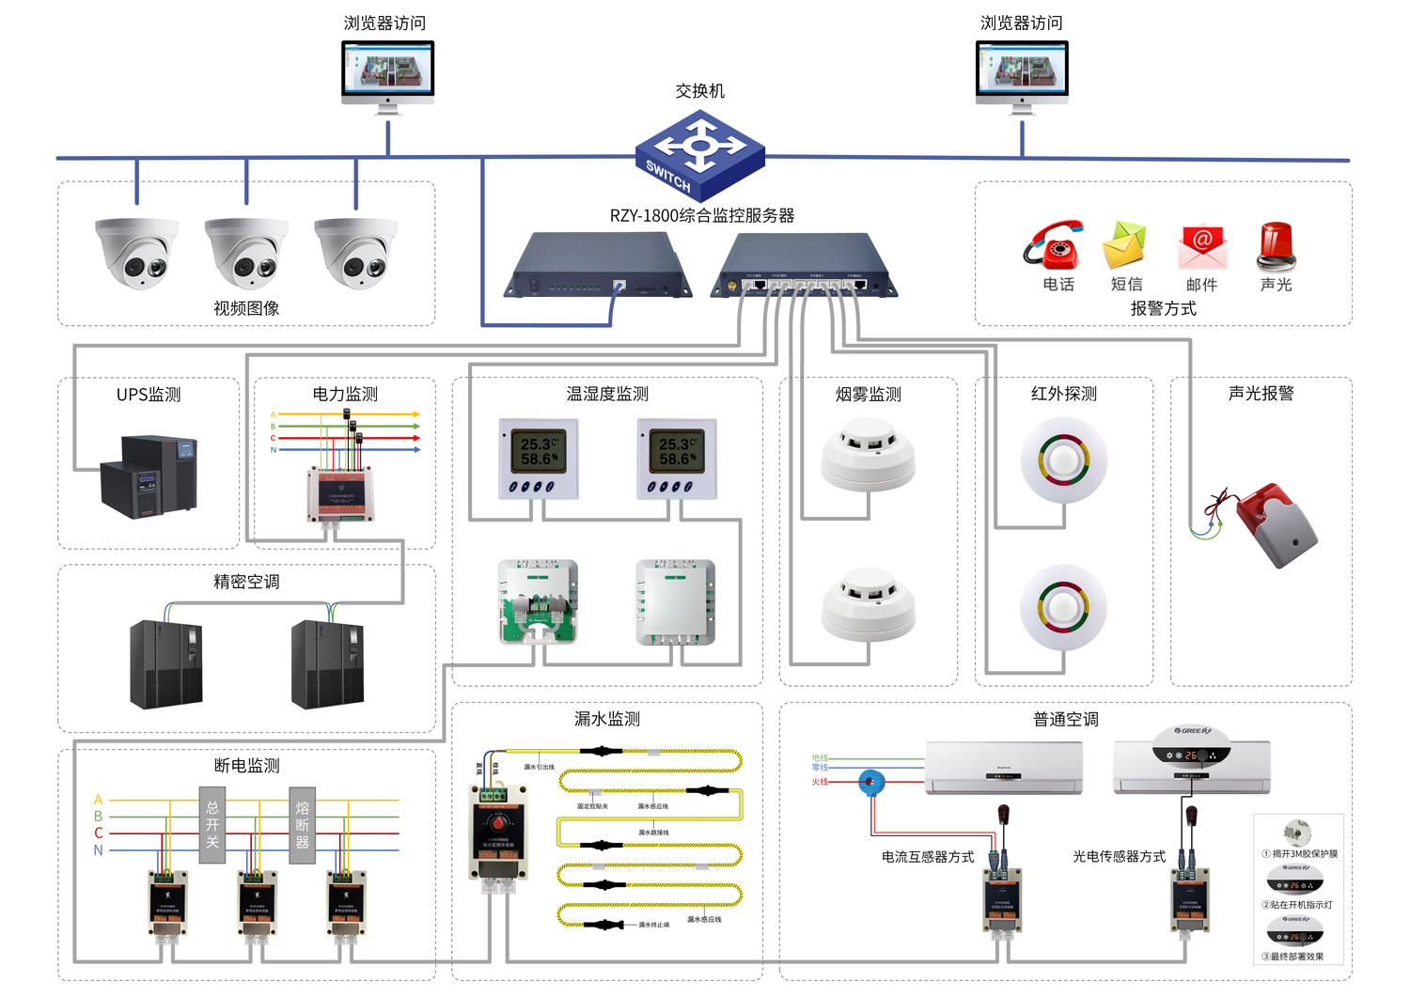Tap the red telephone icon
[1055, 245]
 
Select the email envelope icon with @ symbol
[1202, 246]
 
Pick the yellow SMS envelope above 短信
[1125, 244]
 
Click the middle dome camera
[246, 253]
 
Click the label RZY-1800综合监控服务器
[701, 215]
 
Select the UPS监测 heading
[149, 395]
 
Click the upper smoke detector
[868, 456]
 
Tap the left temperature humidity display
[538, 459]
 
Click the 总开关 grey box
[212, 825]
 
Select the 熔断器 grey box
[302, 825]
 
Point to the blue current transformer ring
[871, 781]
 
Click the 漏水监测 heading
[606, 719]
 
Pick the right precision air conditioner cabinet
[327, 663]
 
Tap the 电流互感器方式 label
[927, 857]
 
